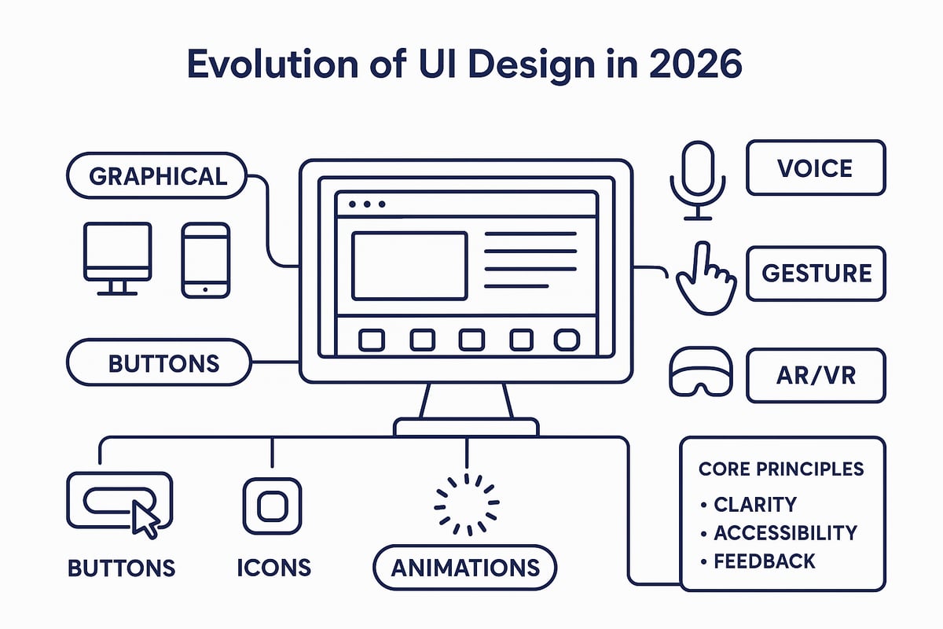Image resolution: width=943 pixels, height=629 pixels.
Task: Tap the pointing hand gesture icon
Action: pos(704,279)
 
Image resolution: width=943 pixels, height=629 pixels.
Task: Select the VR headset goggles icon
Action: pos(699,372)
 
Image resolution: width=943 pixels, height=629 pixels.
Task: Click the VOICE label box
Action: pos(815,167)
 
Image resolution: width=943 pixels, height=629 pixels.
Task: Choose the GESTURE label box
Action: pos(816,273)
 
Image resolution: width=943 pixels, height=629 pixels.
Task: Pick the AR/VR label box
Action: pos(816,376)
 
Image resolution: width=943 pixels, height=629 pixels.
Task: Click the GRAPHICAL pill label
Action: pos(158,175)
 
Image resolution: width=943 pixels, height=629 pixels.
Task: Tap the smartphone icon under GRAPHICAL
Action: pos(206,259)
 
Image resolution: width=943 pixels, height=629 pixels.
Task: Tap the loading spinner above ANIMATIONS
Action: pos(467,504)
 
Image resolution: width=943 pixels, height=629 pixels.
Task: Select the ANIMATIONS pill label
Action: pos(464,567)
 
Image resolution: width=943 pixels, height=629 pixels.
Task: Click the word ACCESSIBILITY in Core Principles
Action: pos(784,532)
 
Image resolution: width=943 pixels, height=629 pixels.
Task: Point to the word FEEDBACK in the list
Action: pos(765,561)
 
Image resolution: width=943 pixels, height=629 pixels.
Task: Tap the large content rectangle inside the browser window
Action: pos(409,265)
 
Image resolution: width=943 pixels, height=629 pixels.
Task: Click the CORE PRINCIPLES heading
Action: pos(781,469)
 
